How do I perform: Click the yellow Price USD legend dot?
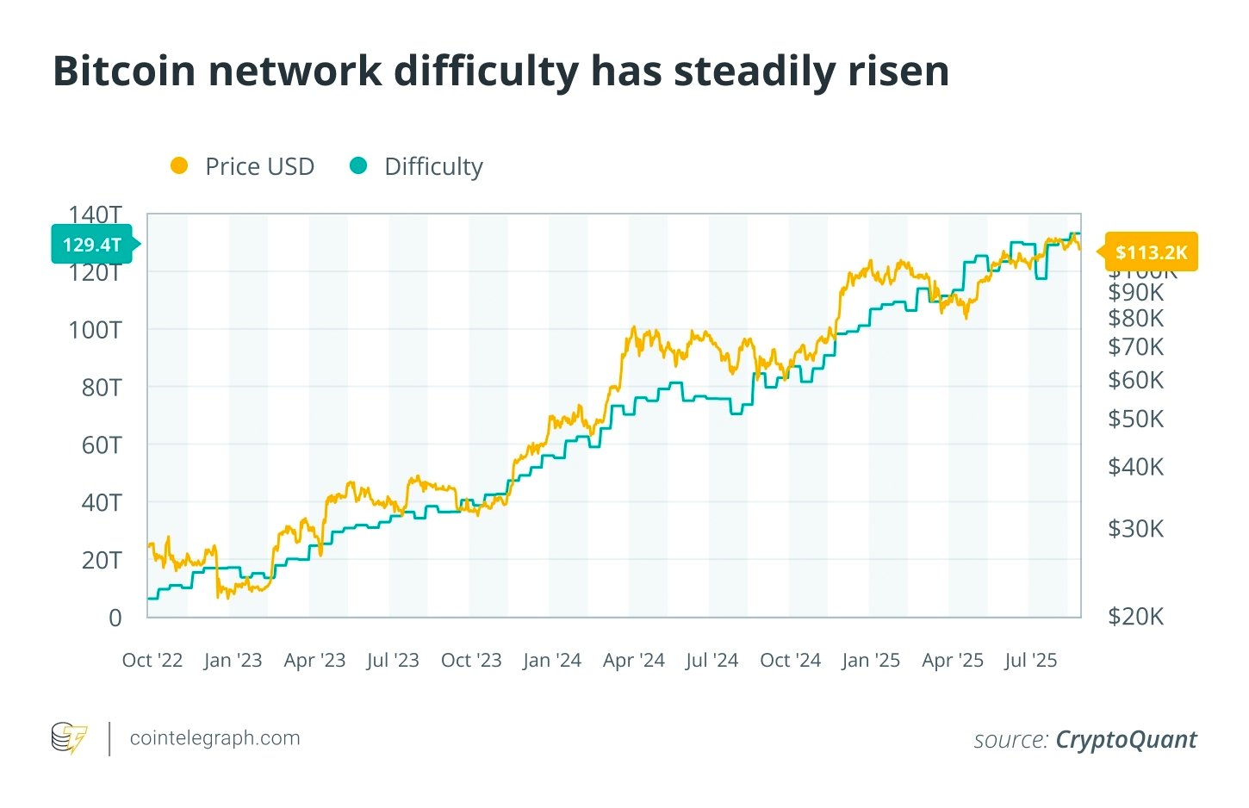179,166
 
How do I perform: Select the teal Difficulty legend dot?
358,166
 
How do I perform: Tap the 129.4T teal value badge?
92,245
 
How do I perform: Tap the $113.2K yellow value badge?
1151,252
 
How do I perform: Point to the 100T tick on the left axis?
96,330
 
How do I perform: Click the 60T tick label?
102,445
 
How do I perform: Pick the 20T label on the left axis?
102,560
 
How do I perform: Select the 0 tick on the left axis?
115,618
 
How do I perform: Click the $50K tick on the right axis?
1135,419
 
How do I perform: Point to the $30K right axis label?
1135,528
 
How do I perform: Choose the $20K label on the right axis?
1135,616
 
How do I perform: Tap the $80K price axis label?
1135,318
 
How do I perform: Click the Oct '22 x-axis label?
152,661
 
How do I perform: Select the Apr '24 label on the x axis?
633,661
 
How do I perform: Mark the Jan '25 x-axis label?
870,661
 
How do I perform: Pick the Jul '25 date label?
1030,661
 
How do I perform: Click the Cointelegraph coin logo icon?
69,738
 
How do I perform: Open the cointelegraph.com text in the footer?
214,738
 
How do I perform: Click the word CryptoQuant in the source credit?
1126,740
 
